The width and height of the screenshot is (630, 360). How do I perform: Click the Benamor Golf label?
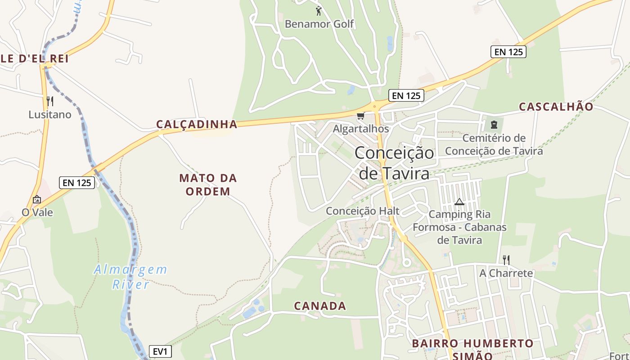(319, 24)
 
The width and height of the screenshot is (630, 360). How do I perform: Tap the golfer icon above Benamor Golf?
(319, 10)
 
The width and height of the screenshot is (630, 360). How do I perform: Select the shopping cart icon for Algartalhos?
(360, 116)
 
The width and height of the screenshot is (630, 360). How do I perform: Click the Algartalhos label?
(360, 129)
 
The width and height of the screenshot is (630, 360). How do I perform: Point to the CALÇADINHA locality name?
(197, 124)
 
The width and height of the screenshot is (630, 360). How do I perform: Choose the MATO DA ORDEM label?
(208, 184)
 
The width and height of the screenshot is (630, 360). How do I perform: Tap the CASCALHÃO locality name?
(556, 107)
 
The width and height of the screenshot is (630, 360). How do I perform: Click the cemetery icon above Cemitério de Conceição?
(494, 124)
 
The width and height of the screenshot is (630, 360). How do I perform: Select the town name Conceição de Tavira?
(395, 162)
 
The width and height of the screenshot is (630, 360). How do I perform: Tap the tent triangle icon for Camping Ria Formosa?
(459, 202)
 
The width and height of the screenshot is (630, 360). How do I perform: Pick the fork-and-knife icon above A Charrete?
(506, 260)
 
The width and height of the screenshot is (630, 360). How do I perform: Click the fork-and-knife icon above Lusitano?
(50, 101)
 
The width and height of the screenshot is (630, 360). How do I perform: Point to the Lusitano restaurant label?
(50, 115)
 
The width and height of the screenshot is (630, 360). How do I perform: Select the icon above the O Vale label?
(37, 199)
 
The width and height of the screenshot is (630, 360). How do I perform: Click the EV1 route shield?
(160, 351)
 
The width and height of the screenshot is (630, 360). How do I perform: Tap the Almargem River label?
(130, 277)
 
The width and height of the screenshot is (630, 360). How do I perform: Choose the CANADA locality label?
(320, 306)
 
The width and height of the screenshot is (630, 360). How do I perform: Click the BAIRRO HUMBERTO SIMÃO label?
(472, 349)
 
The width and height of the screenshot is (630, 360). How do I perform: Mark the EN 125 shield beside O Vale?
(77, 183)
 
